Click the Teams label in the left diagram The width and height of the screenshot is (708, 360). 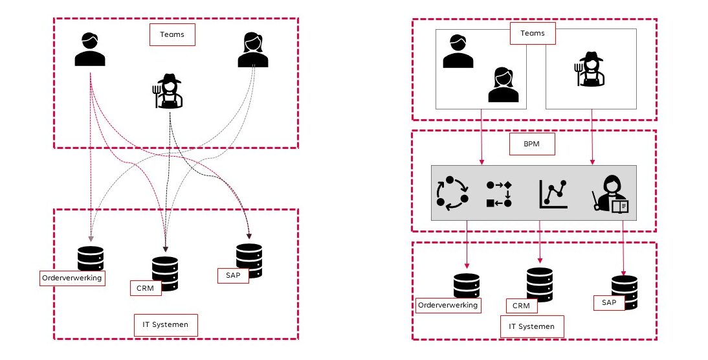coord(172,35)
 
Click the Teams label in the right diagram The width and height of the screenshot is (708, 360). coord(533,34)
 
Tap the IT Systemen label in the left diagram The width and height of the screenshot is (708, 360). coord(165,324)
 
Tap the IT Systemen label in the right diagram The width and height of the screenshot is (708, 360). coord(531,326)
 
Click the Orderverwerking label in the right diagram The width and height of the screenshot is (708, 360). coord(448,305)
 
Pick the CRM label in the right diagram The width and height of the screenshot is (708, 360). coord(521,306)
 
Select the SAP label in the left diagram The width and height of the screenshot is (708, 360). coord(233,275)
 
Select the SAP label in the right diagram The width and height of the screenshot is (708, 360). coord(608,302)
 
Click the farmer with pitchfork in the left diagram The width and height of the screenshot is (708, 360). coord(168,91)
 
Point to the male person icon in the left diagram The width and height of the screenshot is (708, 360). coord(90,50)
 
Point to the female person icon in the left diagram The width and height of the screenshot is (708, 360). coord(252,50)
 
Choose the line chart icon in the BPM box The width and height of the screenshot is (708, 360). coord(553,194)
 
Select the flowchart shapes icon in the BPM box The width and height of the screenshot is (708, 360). coord(499,194)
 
